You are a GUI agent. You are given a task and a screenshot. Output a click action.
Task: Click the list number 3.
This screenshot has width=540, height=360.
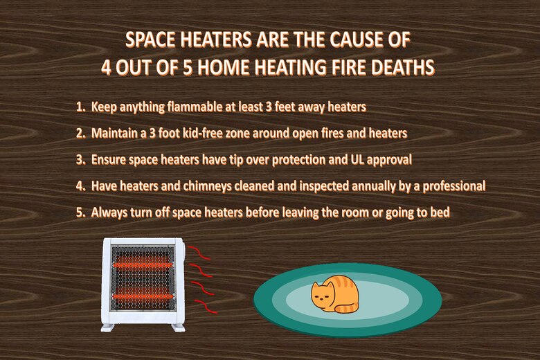click(80, 160)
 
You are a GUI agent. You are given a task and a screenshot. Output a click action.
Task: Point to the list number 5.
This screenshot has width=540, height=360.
click(80, 213)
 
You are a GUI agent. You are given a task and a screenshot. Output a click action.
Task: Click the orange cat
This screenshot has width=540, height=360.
click(335, 294)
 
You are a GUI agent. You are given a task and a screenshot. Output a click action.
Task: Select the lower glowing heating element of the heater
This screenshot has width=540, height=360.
click(143, 296)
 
